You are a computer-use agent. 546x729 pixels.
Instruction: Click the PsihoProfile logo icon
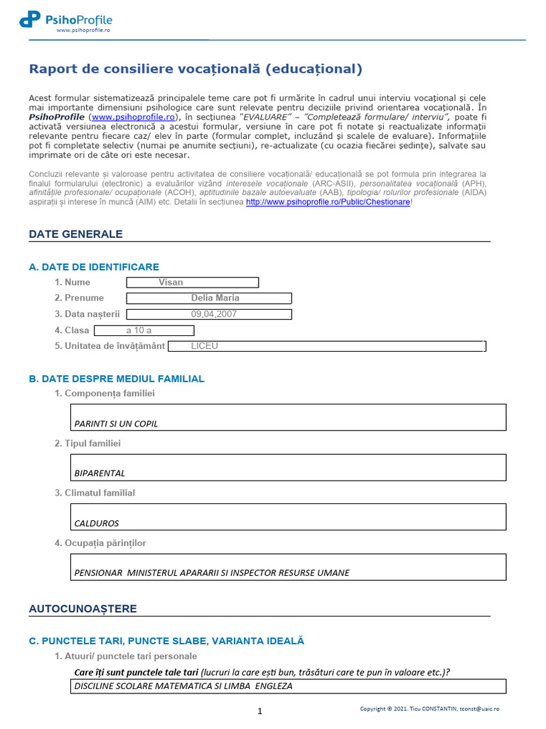[30, 19]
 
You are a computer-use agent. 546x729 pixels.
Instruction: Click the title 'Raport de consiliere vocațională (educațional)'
[196, 69]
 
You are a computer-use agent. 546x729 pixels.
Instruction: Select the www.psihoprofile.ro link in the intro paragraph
[134, 116]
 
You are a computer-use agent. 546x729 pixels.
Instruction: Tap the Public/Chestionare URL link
[328, 201]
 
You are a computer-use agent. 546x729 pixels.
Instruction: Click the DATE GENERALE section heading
[75, 234]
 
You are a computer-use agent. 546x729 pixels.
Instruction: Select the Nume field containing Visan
[192, 283]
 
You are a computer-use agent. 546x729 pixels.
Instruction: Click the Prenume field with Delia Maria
[208, 298]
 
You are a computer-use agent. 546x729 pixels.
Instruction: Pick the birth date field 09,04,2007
[208, 315]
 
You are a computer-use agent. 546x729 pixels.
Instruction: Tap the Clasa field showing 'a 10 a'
[144, 330]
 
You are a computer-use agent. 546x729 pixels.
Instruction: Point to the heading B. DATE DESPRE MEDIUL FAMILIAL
[117, 379]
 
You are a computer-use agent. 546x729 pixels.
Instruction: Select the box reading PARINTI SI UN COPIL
[288, 417]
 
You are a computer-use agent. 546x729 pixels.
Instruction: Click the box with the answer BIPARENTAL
[288, 467]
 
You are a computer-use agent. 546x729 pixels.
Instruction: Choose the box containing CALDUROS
[288, 517]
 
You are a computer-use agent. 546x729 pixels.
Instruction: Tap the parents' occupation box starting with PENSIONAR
[288, 567]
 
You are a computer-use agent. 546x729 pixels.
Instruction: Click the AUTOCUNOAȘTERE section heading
[82, 609]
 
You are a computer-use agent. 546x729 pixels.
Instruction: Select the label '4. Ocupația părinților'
[100, 543]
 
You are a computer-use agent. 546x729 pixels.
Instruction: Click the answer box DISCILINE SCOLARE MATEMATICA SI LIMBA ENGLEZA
[288, 686]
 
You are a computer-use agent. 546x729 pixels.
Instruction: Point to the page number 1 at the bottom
[260, 711]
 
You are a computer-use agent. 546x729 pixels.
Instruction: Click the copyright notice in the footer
[429, 709]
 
